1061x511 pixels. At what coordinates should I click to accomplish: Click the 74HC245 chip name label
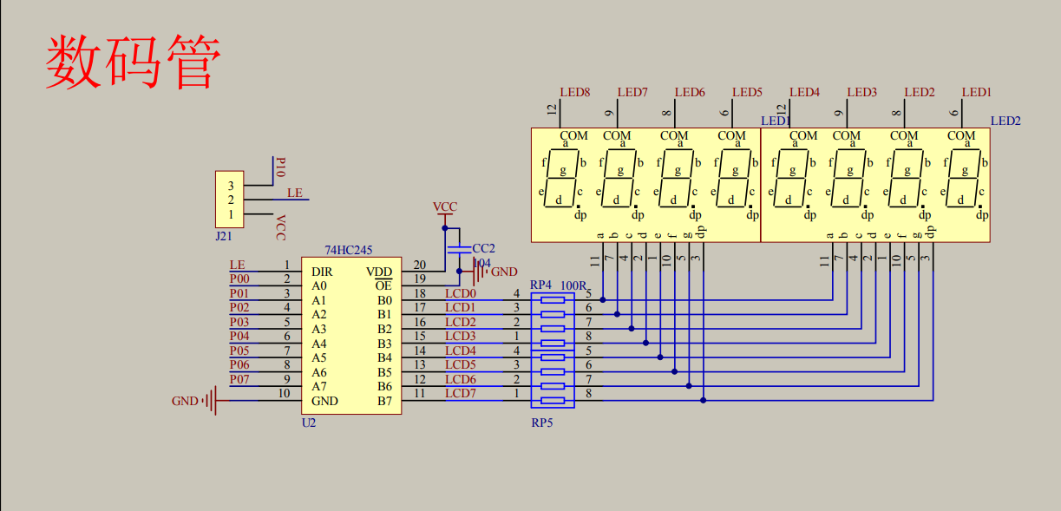[x=348, y=250]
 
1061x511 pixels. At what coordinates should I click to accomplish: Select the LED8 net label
[x=574, y=92]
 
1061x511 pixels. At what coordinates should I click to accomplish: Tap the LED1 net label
[x=976, y=92]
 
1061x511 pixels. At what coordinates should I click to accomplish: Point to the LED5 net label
[x=747, y=92]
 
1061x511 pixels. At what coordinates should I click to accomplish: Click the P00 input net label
[x=239, y=279]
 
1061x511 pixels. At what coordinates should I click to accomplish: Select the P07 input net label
[x=239, y=380]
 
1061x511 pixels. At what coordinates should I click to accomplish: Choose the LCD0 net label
[x=460, y=293]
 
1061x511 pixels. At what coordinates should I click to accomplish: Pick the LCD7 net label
[x=460, y=394]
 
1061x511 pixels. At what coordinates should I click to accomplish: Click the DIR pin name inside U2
[x=321, y=272]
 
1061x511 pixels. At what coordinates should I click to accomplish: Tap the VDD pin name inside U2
[x=379, y=272]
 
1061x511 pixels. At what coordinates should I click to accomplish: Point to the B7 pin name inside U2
[x=384, y=401]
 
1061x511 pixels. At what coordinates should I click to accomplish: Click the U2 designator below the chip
[x=309, y=423]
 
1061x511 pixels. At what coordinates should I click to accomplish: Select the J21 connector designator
[x=223, y=234]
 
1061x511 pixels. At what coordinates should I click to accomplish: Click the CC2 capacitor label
[x=483, y=249]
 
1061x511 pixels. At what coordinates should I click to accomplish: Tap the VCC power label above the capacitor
[x=445, y=207]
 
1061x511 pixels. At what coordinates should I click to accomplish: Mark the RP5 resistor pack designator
[x=542, y=423]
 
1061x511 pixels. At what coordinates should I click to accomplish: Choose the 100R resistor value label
[x=573, y=285]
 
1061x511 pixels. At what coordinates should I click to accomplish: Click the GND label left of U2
[x=185, y=401]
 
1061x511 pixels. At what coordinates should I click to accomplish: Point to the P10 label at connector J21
[x=279, y=167]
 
